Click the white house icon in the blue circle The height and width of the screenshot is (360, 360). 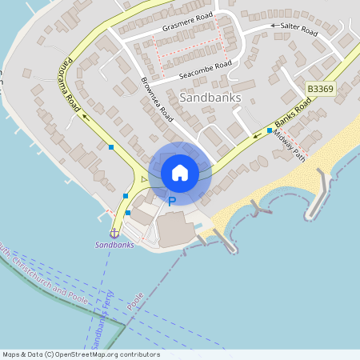(x=180, y=172)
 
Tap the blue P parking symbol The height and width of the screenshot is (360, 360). (x=171, y=202)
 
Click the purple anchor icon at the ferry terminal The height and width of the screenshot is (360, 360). (x=114, y=233)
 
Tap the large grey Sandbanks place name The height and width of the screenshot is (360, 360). (x=211, y=98)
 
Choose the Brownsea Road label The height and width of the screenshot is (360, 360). (x=157, y=100)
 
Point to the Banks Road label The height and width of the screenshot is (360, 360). (x=292, y=117)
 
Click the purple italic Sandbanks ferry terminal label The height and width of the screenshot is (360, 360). (x=114, y=245)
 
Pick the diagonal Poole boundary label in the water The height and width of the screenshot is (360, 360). (x=135, y=301)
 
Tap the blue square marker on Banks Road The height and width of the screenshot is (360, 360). (x=270, y=130)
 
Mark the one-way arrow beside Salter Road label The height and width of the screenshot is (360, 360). (x=274, y=26)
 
